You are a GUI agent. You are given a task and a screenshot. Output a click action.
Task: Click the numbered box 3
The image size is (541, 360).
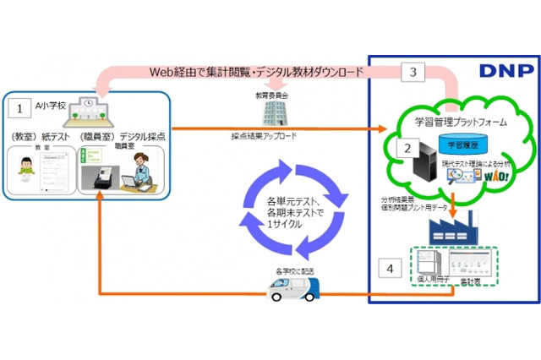pos(413,74)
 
